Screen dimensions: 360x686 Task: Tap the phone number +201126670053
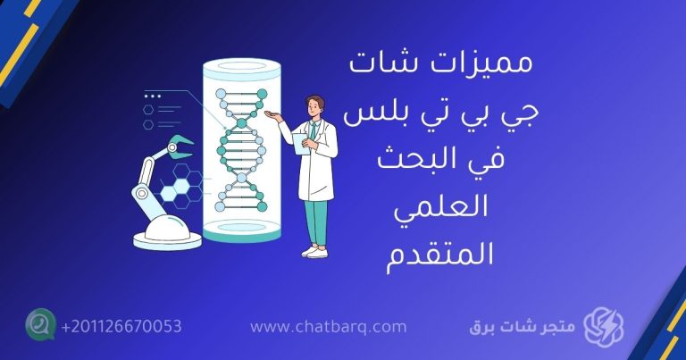(x=121, y=326)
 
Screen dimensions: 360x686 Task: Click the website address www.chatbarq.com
(x=329, y=327)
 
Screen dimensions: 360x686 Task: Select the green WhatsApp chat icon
(x=39, y=324)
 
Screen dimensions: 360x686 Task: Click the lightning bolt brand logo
(x=603, y=326)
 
